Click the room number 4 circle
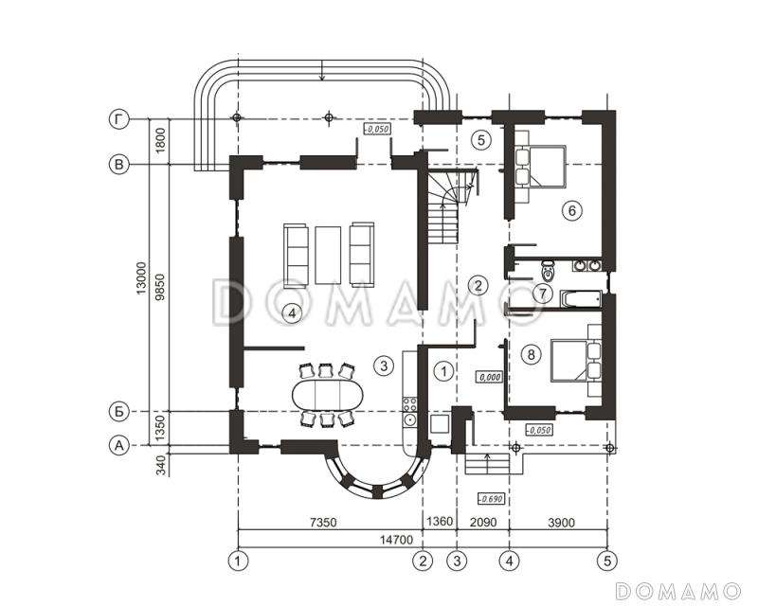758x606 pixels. point(292,313)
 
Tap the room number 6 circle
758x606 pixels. point(572,211)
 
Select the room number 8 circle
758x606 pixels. point(531,355)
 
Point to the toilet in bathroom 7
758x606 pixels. point(548,271)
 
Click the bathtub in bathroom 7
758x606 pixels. point(581,298)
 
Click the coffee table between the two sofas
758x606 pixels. point(328,255)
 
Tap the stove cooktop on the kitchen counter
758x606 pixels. point(410,403)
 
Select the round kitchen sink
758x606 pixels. point(410,420)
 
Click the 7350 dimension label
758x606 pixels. point(323,522)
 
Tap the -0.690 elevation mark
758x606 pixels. point(490,499)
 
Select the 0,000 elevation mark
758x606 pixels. point(490,377)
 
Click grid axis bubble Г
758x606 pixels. point(119,119)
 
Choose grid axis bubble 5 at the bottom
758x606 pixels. point(607,561)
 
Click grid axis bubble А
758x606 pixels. point(119,446)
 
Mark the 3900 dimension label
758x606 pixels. point(562,522)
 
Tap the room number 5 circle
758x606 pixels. point(481,140)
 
